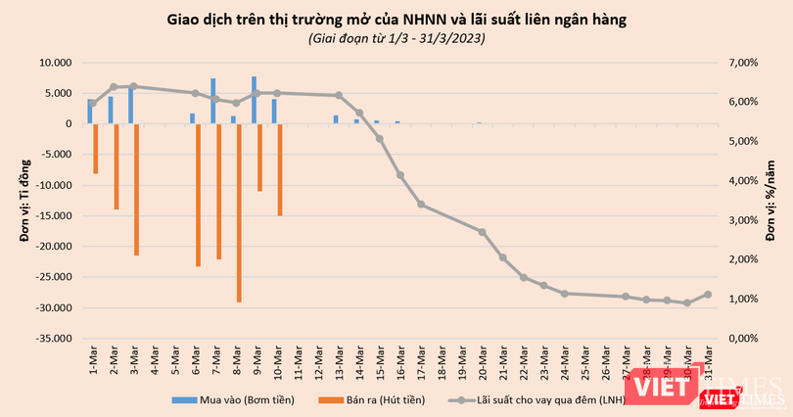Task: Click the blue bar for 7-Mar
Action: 212,101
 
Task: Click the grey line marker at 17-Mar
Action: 421,204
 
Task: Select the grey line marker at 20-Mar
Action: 483,232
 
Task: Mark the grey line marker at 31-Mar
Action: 708,294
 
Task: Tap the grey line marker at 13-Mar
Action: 339,95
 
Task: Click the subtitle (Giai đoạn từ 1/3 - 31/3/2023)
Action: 397,38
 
